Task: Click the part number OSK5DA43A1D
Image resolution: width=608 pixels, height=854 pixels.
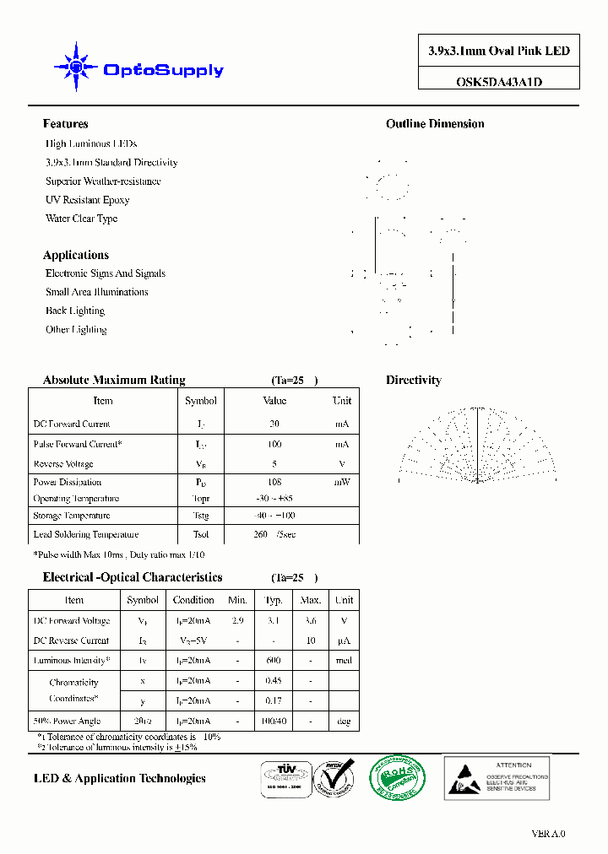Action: pyautogui.click(x=499, y=82)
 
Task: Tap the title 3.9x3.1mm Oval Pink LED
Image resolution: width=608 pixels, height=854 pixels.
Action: pyautogui.click(x=499, y=51)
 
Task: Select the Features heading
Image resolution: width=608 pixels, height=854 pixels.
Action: pyautogui.click(x=65, y=124)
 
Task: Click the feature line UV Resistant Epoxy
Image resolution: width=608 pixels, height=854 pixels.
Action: pyautogui.click(x=87, y=200)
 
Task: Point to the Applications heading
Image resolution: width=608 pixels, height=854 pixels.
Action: pyautogui.click(x=76, y=255)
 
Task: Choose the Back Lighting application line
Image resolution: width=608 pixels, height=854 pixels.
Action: pyautogui.click(x=75, y=311)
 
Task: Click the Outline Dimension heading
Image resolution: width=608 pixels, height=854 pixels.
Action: pyautogui.click(x=435, y=124)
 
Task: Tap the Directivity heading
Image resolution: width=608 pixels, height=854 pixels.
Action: pyautogui.click(x=414, y=381)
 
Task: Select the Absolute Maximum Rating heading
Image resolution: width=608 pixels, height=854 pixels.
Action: pyautogui.click(x=114, y=381)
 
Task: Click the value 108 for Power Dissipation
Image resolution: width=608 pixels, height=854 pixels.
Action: pyautogui.click(x=274, y=483)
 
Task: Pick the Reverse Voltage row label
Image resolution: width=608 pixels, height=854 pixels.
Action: pyautogui.click(x=63, y=464)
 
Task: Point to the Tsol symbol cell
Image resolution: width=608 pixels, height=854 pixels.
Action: pyautogui.click(x=200, y=535)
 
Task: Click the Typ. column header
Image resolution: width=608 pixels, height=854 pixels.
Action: pyautogui.click(x=274, y=600)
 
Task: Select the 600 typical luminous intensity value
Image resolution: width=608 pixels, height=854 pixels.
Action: pyautogui.click(x=274, y=661)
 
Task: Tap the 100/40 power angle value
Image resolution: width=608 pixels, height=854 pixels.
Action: pyautogui.click(x=274, y=722)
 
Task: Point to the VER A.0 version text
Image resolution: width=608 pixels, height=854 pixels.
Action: pyautogui.click(x=548, y=834)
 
